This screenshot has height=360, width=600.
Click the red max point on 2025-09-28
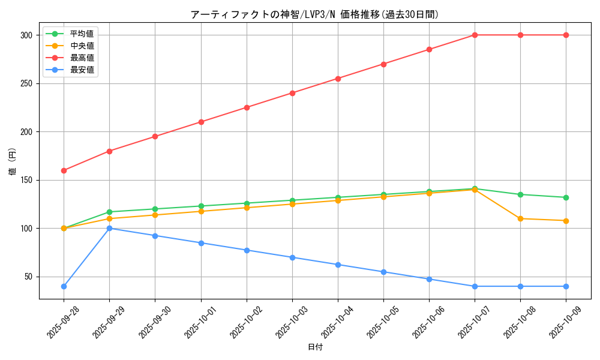pyautogui.click(x=64, y=170)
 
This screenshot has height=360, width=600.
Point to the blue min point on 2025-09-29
pyautogui.click(x=109, y=228)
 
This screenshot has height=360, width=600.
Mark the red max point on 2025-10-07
pyautogui.click(x=475, y=35)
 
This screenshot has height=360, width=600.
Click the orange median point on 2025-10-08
pyautogui.click(x=520, y=218)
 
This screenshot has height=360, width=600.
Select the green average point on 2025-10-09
pyautogui.click(x=566, y=197)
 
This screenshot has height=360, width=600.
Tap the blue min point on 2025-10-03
pyautogui.click(x=292, y=257)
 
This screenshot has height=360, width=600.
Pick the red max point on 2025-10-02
pyautogui.click(x=247, y=107)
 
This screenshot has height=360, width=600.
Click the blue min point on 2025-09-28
pyautogui.click(x=64, y=286)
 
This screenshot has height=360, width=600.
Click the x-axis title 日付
pyautogui.click(x=315, y=347)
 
